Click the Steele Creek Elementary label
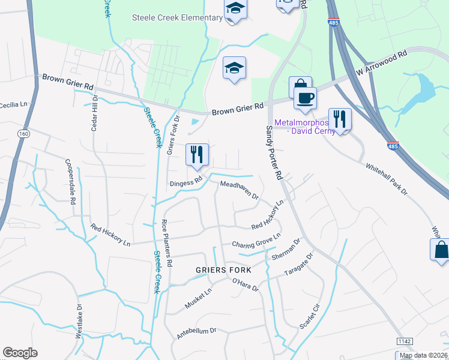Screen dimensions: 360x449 point(177,17)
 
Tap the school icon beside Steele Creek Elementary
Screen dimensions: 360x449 point(235,10)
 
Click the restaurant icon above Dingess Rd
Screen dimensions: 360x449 point(196,155)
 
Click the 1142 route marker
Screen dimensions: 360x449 point(405,341)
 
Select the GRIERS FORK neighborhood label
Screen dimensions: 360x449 point(223,270)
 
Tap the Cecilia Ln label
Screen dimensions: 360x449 point(14,104)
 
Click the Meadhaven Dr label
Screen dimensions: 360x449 point(239,190)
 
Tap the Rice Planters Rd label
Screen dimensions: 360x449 point(167,243)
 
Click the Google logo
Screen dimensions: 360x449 point(20,353)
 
